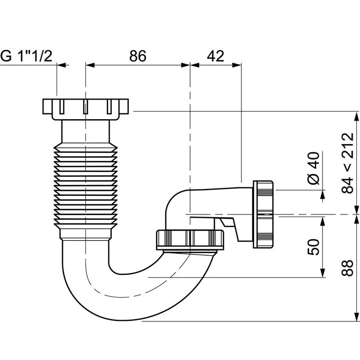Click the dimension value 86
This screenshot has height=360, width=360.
pos(138,56)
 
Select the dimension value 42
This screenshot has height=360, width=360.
pos(215,56)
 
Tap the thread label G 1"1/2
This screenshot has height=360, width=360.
pos(26,56)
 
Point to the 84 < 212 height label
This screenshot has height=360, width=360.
pos(347,163)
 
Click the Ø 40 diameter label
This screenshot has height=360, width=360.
pos(314,168)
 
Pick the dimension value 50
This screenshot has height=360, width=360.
pos(313,247)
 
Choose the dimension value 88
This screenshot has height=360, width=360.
pos(347,268)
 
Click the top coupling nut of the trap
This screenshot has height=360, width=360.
pos(85,109)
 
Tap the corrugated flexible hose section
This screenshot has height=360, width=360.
pos(86,185)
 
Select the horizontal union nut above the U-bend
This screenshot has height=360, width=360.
pos(191,239)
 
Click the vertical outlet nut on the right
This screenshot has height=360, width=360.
pos(263,214)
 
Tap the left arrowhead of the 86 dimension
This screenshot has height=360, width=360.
pos(90,65)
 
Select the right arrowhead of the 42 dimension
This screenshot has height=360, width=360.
pos(237,65)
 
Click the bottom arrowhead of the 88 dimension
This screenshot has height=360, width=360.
pos(356,317)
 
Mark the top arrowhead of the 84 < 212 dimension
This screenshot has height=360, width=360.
pos(356,116)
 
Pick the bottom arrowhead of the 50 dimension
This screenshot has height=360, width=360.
pos(323,273)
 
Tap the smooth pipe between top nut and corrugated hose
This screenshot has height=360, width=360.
pos(85,131)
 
